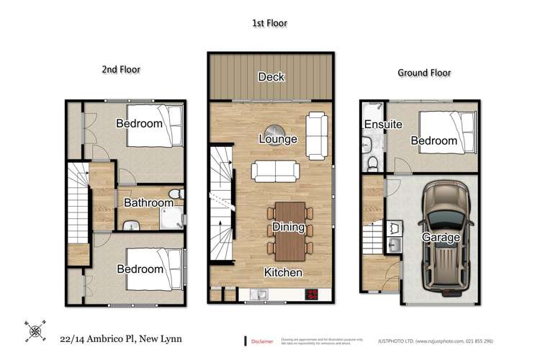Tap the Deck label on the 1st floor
coord(271,77)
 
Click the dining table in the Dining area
coord(289,230)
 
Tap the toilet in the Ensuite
coord(372,164)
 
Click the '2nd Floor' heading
coord(120,70)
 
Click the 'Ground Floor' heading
coord(423,73)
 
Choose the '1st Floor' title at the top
coord(270,23)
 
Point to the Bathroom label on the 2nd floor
coord(148,203)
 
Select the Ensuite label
coord(382,125)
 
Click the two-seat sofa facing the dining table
coord(275,171)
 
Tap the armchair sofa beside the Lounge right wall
coord(318,135)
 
